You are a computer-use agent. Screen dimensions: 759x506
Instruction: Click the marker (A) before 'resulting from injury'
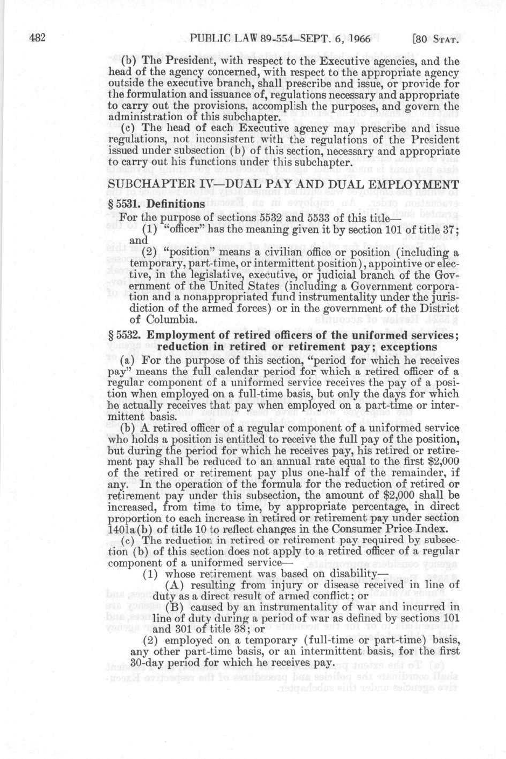coord(174,585)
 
